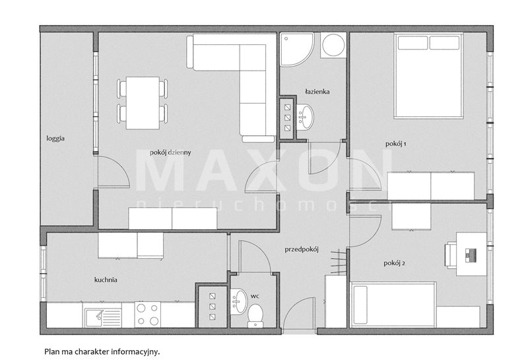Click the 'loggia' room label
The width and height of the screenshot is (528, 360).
[55, 139]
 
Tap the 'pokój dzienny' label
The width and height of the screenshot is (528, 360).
[170, 153]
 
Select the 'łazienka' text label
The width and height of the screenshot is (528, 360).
[317, 91]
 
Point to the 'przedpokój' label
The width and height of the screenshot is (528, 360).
[302, 250]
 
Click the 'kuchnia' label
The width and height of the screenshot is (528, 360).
[106, 280]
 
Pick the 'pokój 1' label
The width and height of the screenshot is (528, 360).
[395, 144]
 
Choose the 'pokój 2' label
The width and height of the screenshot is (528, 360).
[394, 264]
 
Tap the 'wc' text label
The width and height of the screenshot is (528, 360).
[255, 297]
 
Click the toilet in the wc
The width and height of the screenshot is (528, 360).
[255, 316]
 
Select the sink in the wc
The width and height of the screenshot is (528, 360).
[239, 301]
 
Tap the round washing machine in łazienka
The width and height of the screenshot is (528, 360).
[333, 45]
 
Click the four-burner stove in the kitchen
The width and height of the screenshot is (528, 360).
[148, 314]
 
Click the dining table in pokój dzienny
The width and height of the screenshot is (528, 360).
[143, 103]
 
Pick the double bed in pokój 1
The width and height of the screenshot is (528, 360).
[428, 75]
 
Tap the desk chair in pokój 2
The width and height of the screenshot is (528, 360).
[450, 256]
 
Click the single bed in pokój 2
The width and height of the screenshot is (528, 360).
[393, 305]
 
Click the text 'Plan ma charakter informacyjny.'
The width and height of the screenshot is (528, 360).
[102, 352]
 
